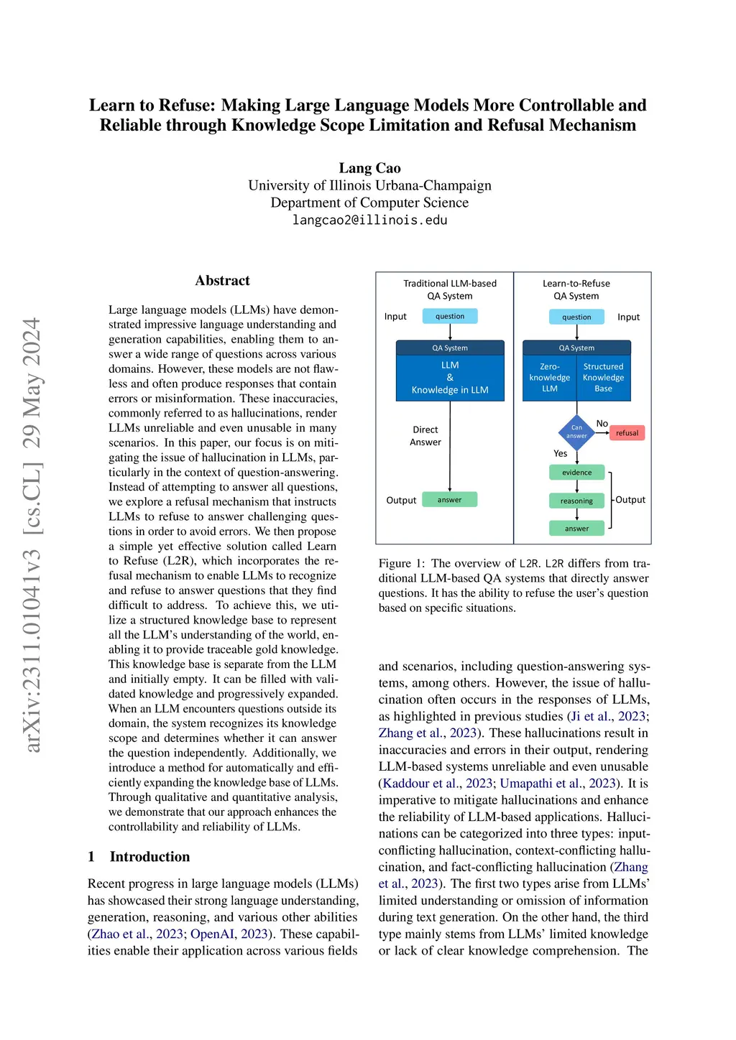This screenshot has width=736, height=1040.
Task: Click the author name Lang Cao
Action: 369,168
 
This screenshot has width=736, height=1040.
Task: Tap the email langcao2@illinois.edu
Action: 369,220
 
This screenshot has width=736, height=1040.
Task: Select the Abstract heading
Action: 222,281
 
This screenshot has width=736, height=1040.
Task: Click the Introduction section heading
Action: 149,856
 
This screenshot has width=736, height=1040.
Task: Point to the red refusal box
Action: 627,433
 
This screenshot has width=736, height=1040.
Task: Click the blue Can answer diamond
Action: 576,432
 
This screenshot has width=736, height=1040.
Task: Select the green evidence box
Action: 576,473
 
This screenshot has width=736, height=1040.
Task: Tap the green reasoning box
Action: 576,501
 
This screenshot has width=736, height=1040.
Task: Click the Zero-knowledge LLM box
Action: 550,378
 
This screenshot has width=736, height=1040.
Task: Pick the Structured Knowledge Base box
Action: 603,378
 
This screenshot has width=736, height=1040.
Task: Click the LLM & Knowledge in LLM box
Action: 450,378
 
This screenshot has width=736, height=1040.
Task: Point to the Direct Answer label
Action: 425,436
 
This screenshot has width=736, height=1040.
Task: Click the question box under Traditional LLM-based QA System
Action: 450,316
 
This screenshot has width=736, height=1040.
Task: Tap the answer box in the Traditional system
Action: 449,500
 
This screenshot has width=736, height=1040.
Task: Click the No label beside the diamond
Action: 602,424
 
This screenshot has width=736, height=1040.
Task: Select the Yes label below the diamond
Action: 561,453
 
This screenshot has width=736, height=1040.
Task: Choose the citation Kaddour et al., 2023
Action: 437,783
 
